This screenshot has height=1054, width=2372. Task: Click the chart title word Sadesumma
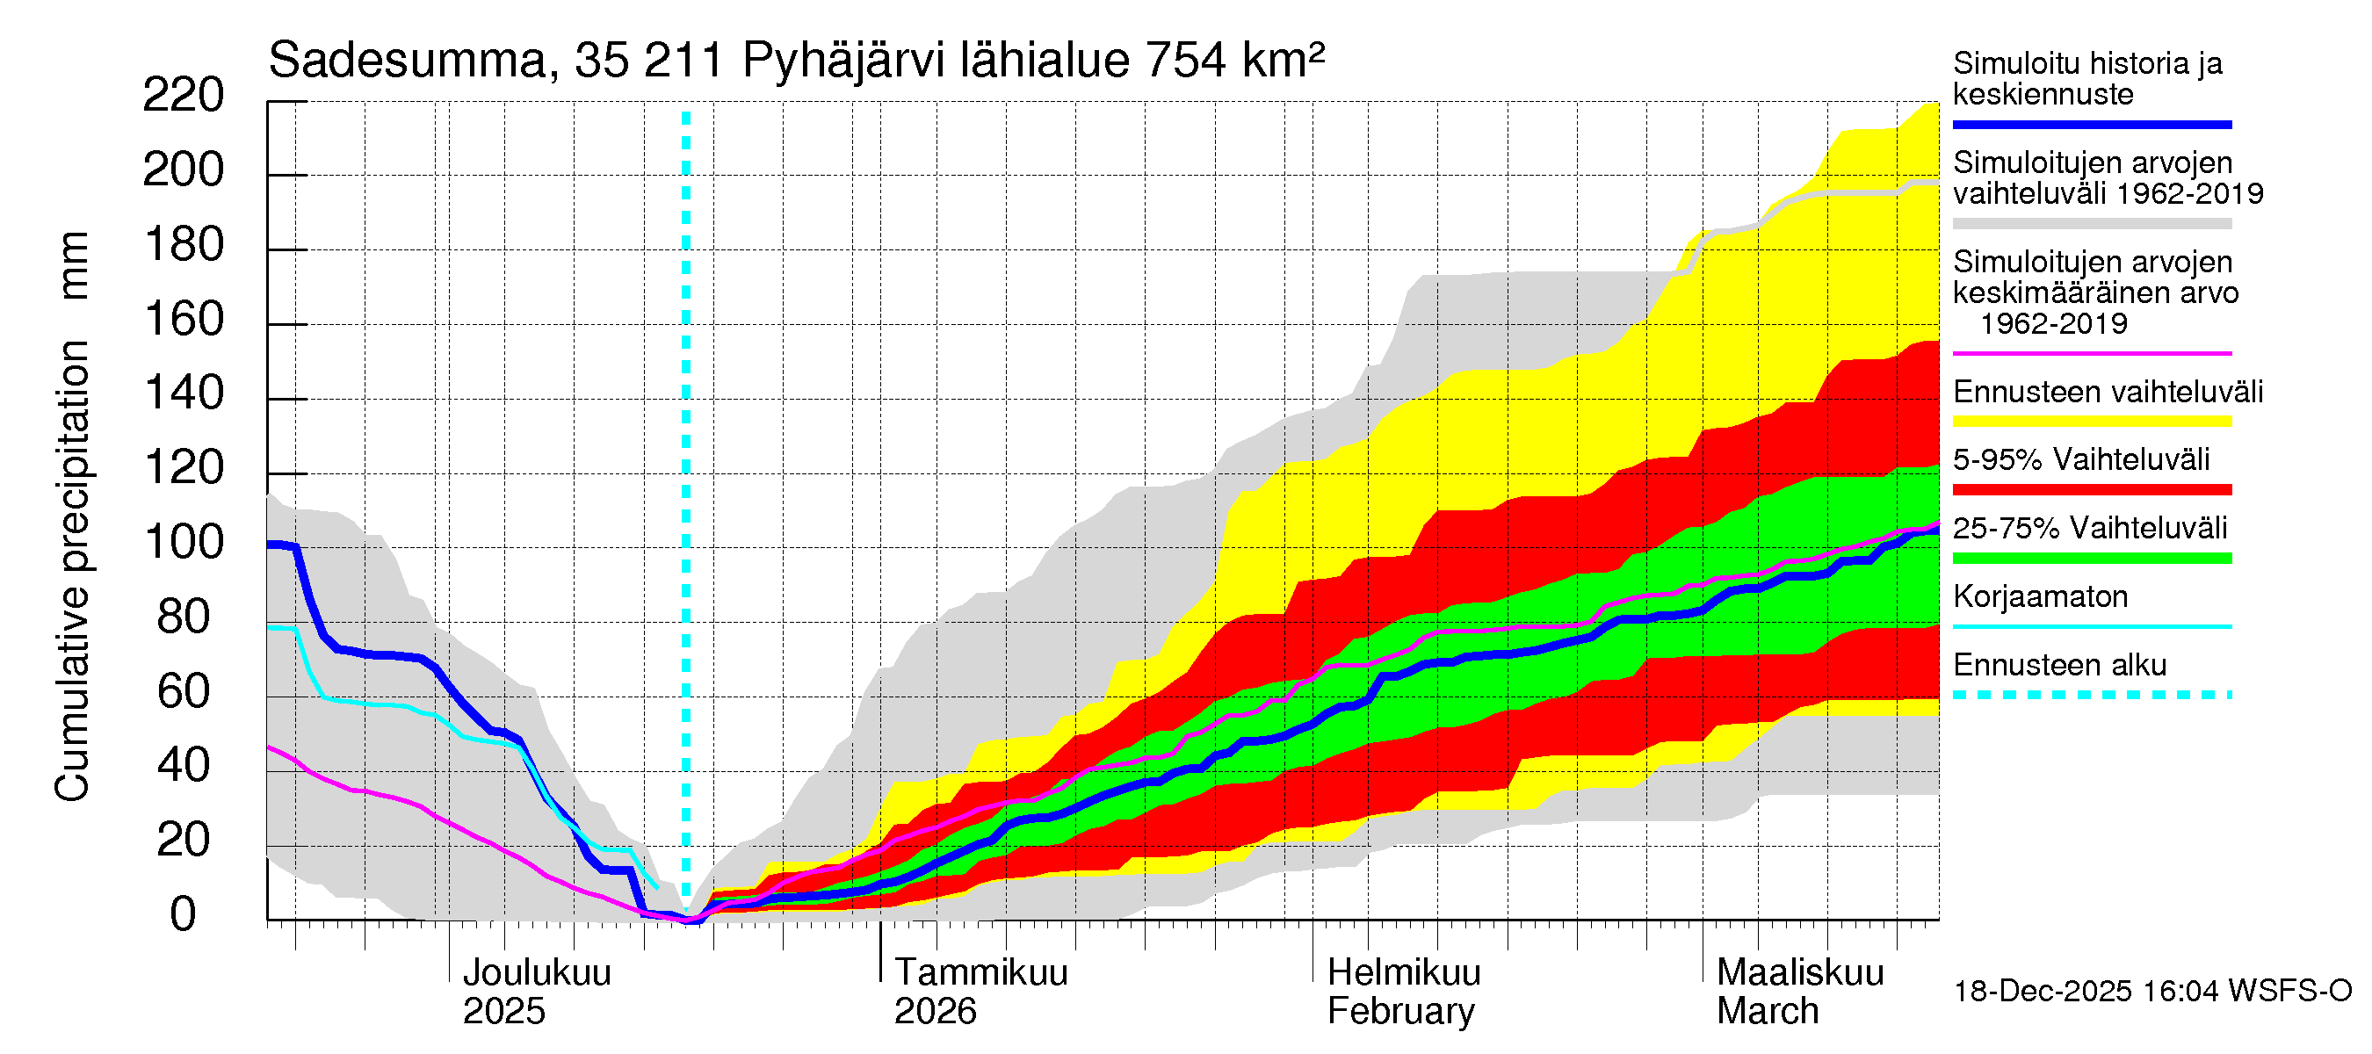[x=406, y=61]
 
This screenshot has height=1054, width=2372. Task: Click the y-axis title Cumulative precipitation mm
[x=72, y=516]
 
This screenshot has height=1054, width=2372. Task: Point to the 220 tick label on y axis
[x=184, y=96]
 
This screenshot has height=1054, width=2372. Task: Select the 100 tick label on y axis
[x=184, y=542]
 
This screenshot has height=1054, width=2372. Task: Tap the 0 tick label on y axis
[x=184, y=914]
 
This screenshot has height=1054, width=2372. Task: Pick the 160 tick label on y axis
[x=184, y=320]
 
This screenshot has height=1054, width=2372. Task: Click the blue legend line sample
[x=2091, y=124]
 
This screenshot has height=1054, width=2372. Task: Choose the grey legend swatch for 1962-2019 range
[x=2091, y=224]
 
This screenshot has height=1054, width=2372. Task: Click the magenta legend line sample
[x=2091, y=353]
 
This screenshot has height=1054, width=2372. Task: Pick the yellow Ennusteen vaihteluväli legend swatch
[x=2091, y=422]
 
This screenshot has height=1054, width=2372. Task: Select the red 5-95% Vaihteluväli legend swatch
[x=2091, y=490]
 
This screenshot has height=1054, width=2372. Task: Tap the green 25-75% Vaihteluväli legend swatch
[x=2091, y=558]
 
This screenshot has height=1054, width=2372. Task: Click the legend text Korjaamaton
[x=2040, y=596]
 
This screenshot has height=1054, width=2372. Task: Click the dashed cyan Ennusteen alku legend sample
[x=2091, y=695]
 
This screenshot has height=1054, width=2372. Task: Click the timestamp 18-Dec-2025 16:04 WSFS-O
[x=2151, y=992]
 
